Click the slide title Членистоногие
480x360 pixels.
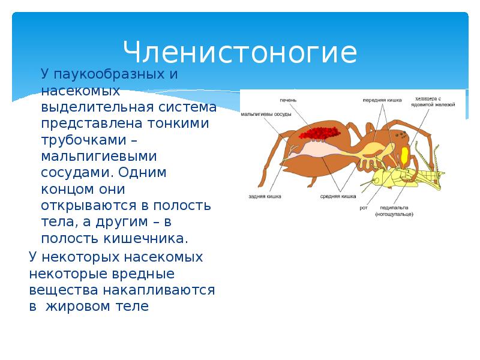click(x=240, y=52)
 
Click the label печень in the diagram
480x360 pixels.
click(x=287, y=100)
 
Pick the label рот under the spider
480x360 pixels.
click(x=364, y=208)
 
